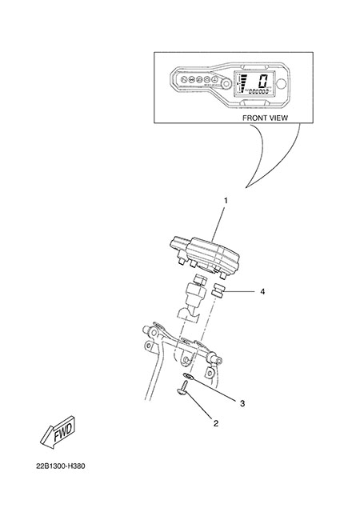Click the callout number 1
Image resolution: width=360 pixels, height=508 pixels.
(x=226, y=201)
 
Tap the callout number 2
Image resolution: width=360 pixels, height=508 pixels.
(x=216, y=423)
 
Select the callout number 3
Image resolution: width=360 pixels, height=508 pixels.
(x=242, y=403)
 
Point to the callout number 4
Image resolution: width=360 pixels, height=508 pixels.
(x=262, y=291)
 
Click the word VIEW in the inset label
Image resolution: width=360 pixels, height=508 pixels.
(x=279, y=118)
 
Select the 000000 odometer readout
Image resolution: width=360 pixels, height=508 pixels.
(x=258, y=92)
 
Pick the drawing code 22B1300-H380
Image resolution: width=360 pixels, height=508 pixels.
(x=61, y=466)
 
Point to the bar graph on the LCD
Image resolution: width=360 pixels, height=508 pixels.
(x=243, y=82)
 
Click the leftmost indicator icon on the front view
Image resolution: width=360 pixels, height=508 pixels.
(x=183, y=79)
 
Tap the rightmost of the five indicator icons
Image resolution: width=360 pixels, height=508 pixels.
(x=214, y=79)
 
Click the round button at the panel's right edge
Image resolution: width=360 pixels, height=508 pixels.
(x=282, y=84)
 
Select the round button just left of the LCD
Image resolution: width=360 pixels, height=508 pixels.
(x=226, y=85)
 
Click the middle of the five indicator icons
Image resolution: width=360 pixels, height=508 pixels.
(x=199, y=79)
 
